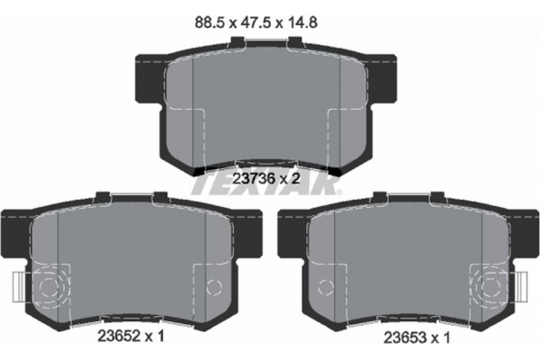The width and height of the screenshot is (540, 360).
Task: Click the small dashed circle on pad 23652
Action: (213, 287)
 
